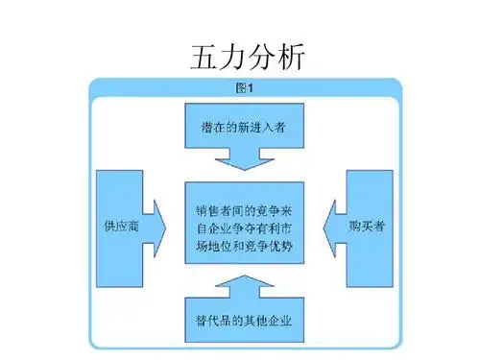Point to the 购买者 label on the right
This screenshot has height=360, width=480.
[366, 228]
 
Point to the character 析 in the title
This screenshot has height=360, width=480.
[289, 57]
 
